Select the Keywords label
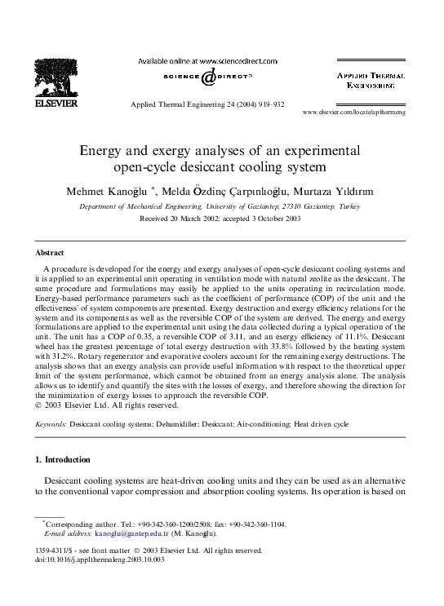pyautogui.click(x=51, y=425)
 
